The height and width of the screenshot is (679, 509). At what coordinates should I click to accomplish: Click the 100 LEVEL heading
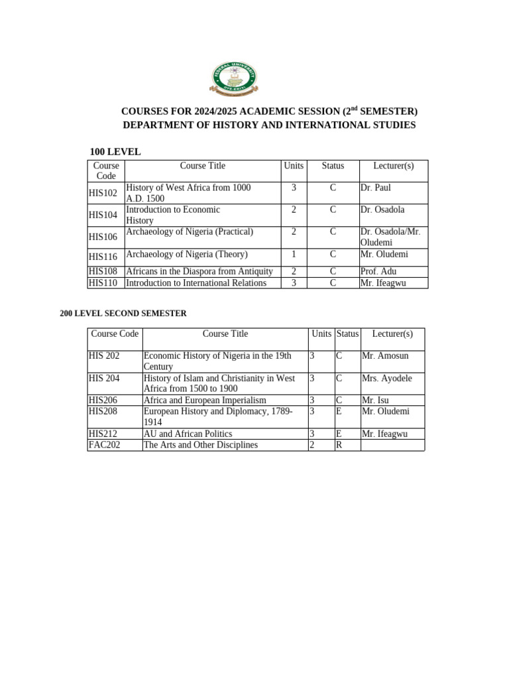115,152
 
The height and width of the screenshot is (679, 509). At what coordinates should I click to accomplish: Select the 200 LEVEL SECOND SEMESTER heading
123,313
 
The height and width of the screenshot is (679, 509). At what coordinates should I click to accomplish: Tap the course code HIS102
103,193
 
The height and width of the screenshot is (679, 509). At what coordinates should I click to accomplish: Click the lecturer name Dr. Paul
376,188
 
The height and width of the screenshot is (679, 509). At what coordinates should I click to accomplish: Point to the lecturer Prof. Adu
378,272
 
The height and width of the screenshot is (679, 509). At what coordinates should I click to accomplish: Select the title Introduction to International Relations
196,283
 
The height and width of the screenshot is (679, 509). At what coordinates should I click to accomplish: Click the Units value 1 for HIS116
294,254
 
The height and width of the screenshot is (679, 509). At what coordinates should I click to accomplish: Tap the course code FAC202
105,445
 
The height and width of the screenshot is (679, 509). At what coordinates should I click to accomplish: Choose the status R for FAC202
339,445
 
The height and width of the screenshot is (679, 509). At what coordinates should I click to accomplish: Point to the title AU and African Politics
188,434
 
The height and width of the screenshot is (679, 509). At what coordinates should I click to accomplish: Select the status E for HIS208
339,411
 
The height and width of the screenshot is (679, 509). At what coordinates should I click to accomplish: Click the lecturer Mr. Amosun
385,356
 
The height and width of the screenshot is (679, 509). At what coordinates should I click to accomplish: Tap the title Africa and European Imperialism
205,400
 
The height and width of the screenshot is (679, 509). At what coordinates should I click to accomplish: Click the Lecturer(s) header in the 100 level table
393,166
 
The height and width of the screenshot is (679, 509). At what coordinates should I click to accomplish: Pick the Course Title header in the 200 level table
225,334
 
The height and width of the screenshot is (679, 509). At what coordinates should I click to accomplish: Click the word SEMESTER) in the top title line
390,111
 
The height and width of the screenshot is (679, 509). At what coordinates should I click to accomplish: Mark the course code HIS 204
104,378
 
